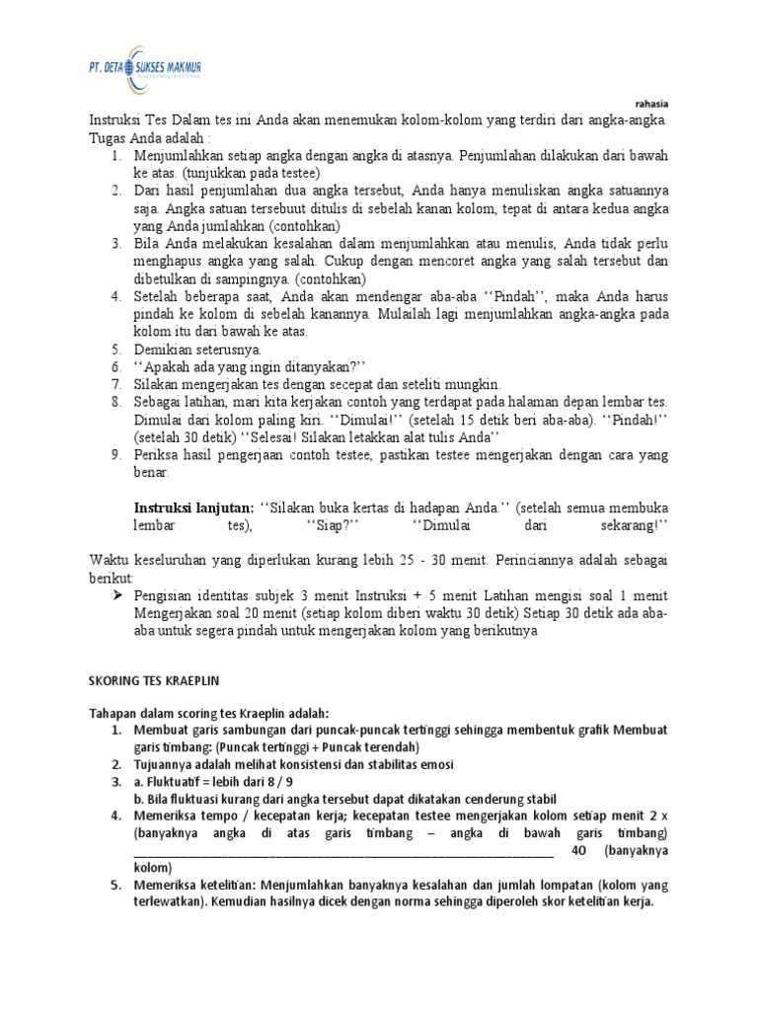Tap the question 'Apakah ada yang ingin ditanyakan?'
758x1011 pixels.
(251, 366)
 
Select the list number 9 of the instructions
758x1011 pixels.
(114, 454)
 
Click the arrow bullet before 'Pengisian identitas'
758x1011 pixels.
(117, 595)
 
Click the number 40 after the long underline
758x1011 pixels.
(583, 850)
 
